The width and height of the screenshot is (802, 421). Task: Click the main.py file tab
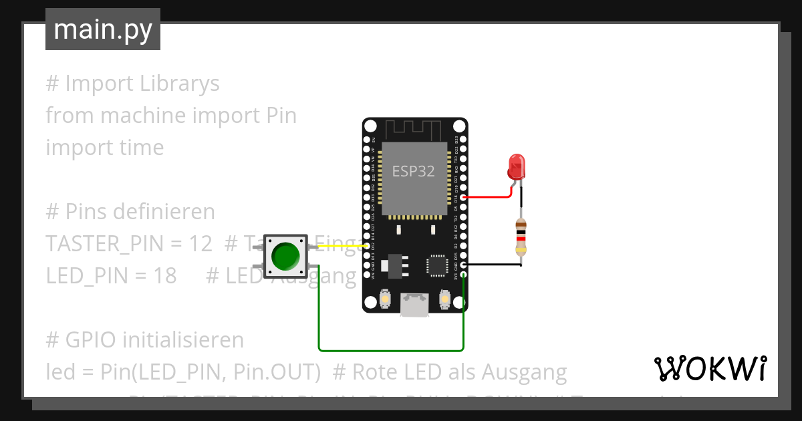tap(103, 29)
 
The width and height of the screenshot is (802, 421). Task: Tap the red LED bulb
tap(517, 166)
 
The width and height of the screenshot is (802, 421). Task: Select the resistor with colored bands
tap(521, 237)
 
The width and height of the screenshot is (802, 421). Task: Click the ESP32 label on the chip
tap(413, 171)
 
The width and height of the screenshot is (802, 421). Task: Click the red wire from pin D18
tap(488, 197)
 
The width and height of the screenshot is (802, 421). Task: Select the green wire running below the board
tap(391, 349)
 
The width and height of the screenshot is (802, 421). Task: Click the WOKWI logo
tap(710, 368)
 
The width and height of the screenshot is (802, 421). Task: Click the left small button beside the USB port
tap(385, 299)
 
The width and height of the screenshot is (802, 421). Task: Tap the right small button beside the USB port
tap(445, 299)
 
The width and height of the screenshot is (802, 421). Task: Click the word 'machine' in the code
tap(144, 116)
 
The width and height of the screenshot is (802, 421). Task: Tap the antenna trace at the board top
tap(414, 128)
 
